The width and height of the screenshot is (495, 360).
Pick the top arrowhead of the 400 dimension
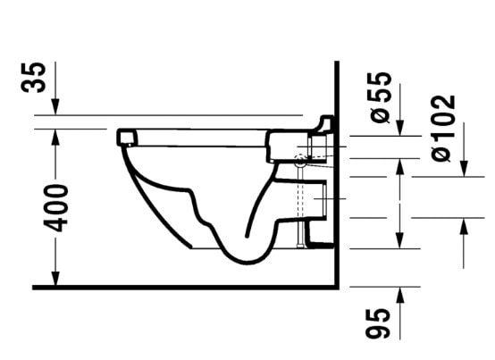[55, 133]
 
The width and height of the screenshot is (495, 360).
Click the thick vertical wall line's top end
[335, 63]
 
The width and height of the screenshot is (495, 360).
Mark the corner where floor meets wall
[335, 288]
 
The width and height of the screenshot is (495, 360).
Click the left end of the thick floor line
[34, 288]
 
